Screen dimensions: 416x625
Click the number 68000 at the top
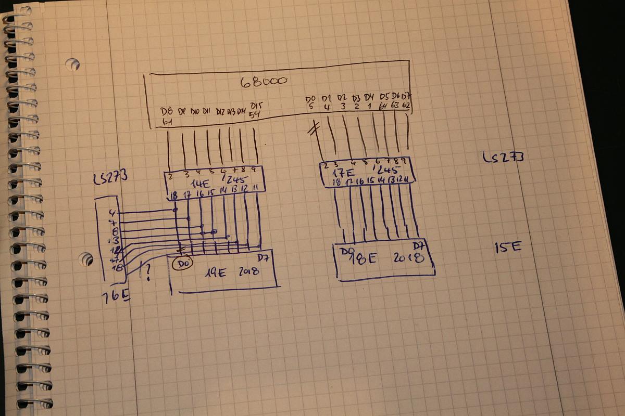click(264, 82)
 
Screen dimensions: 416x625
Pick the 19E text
click(215, 272)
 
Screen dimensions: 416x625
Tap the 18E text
click(364, 258)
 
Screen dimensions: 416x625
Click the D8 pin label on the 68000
click(167, 111)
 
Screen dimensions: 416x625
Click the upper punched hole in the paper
click(72, 64)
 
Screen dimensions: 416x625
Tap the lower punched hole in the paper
click(85, 258)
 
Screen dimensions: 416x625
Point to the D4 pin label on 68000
click(369, 97)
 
